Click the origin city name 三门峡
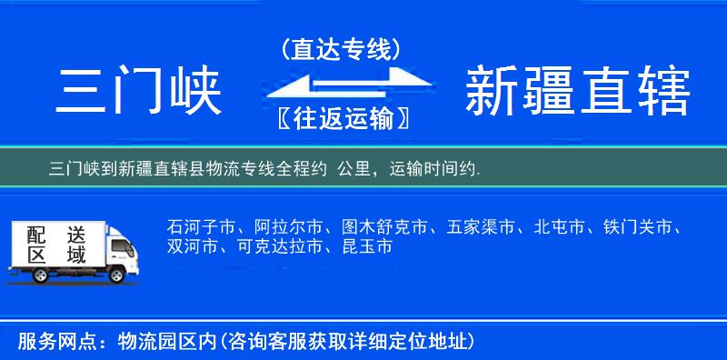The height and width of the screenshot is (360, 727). click(140, 92)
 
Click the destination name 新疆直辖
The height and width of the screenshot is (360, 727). click(577, 92)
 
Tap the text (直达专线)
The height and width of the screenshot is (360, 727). click(341, 49)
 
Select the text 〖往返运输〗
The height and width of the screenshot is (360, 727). click(341, 118)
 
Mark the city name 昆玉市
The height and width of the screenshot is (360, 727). click(367, 246)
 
